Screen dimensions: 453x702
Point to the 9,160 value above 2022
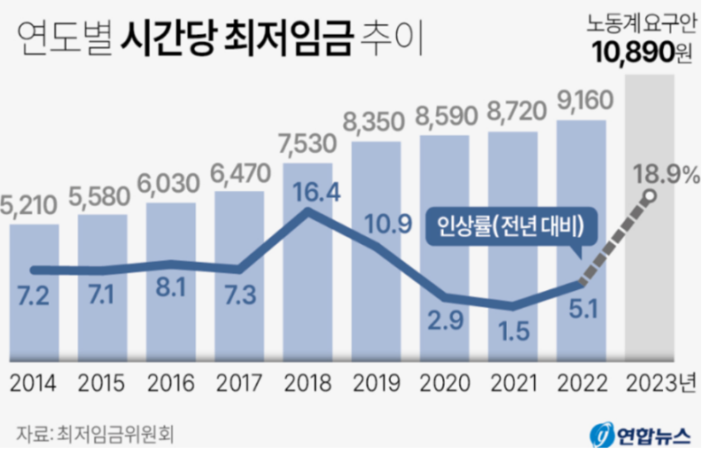582,103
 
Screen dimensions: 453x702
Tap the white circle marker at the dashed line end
651,197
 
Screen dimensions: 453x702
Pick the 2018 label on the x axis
308,384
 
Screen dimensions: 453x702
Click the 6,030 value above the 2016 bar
171,184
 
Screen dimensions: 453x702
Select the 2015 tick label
103,384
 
